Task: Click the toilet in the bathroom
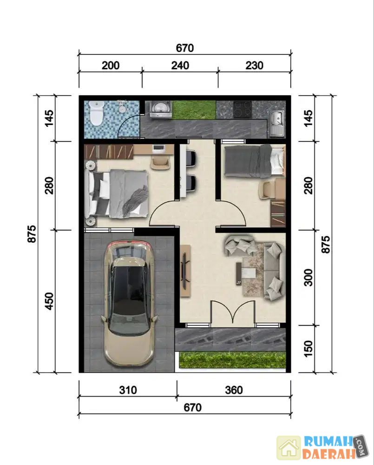(x=96, y=113)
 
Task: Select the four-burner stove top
(x=243, y=110)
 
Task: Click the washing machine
(x=161, y=109)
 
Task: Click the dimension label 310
(x=128, y=390)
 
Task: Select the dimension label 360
(x=234, y=390)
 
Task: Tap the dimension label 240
(x=180, y=66)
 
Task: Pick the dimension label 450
(x=49, y=301)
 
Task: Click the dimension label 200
(x=111, y=66)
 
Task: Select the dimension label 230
(x=254, y=66)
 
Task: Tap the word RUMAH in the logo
(x=329, y=442)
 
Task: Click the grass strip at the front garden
(x=233, y=360)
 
